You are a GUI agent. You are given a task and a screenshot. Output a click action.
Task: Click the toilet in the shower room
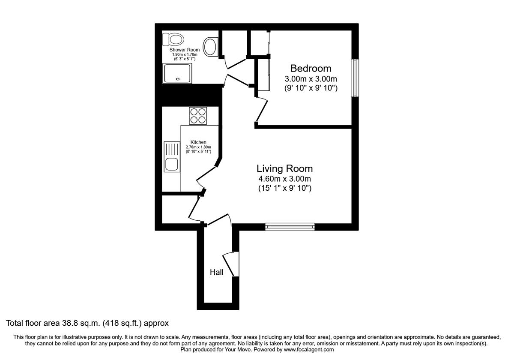click(x=173, y=39)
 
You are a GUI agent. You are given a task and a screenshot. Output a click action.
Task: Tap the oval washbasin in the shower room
click(x=210, y=46)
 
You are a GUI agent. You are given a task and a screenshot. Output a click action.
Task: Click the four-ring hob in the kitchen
click(x=198, y=116)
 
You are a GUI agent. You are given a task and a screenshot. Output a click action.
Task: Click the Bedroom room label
click(x=311, y=68)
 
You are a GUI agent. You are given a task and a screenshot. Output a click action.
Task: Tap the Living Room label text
click(x=284, y=168)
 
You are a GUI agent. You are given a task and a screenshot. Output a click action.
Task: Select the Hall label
click(x=216, y=272)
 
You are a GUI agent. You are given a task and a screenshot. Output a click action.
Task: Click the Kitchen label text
click(x=198, y=142)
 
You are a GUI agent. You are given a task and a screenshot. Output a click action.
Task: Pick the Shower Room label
click(x=184, y=50)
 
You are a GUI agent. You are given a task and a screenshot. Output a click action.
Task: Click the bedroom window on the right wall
click(x=355, y=78)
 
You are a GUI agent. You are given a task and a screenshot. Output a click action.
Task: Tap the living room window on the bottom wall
click(x=290, y=227)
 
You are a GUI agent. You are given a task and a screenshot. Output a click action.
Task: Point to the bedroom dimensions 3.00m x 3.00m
click(x=311, y=79)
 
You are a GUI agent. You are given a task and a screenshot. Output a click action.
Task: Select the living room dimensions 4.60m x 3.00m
click(x=284, y=179)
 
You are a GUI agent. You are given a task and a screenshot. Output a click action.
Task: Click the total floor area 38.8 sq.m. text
click(x=87, y=323)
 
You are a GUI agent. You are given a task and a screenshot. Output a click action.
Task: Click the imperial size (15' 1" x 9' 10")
click(x=284, y=188)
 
